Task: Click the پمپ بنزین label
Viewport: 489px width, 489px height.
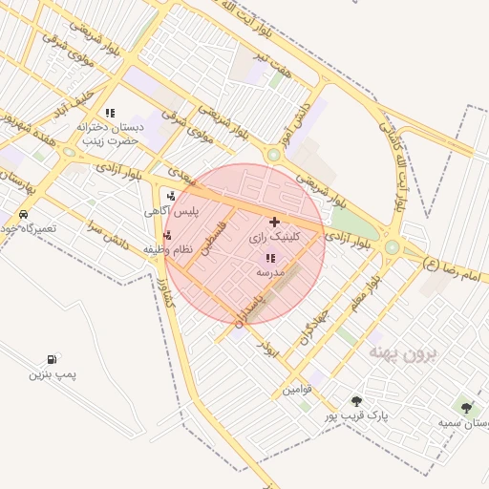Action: tap(52, 374)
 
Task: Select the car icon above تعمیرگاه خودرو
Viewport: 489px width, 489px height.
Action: tap(22, 214)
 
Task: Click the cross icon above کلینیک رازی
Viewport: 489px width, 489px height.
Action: tap(275, 221)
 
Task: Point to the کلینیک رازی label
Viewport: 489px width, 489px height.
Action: tap(274, 235)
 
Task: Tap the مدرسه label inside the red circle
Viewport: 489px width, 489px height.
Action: tap(270, 272)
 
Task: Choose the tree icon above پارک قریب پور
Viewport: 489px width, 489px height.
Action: tap(356, 402)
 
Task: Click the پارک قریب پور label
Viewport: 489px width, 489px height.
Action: tap(354, 416)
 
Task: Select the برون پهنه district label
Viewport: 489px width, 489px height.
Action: tap(401, 352)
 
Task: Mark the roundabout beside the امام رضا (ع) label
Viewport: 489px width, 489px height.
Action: tap(392, 247)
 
